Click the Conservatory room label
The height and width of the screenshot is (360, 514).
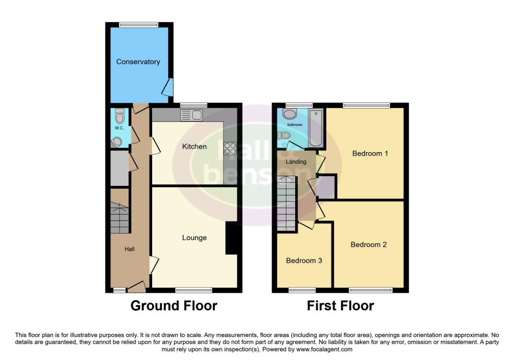(x=138, y=62)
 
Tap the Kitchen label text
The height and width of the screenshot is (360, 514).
(x=194, y=147)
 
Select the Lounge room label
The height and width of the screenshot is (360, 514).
(x=194, y=237)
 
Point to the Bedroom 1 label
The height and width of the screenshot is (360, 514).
(x=370, y=153)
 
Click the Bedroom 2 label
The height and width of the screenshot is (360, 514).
(x=369, y=245)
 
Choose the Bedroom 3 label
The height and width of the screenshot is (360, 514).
(x=304, y=261)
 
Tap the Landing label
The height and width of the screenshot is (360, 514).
(x=296, y=162)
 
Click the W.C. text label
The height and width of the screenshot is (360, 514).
(x=119, y=128)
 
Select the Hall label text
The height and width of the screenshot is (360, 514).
(x=130, y=249)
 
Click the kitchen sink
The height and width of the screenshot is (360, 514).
(x=191, y=115)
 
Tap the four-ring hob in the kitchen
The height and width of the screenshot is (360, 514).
(x=230, y=148)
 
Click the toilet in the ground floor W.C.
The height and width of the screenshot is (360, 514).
(x=119, y=117)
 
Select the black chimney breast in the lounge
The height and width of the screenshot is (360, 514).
(x=231, y=238)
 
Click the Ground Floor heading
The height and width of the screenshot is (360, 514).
(x=174, y=305)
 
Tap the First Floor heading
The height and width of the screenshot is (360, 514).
(x=340, y=305)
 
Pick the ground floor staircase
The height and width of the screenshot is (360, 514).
(x=120, y=218)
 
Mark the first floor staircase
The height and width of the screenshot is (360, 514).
(x=287, y=203)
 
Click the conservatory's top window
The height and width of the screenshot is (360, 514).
(x=139, y=24)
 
